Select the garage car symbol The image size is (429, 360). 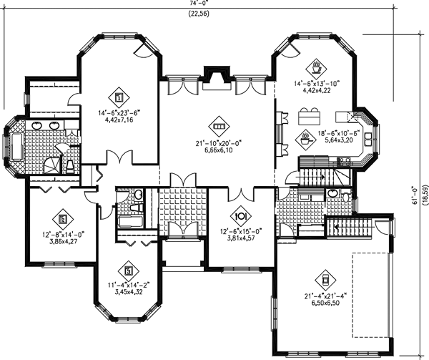pos(325,277)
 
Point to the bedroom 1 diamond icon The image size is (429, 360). pos(118,95)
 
